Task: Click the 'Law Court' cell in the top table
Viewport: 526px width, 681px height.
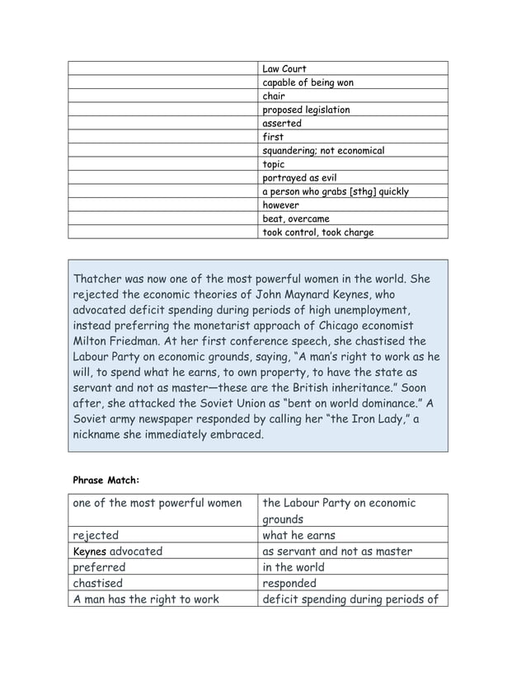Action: pyautogui.click(x=284, y=68)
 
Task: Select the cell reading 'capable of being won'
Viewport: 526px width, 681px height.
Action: pyautogui.click(x=308, y=82)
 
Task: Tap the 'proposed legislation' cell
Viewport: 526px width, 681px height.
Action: pyautogui.click(x=306, y=110)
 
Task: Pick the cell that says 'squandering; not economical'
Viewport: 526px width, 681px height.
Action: pyautogui.click(x=323, y=151)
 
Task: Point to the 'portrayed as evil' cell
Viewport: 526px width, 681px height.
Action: pyautogui.click(x=299, y=178)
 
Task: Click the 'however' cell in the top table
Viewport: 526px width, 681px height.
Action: pyautogui.click(x=281, y=205)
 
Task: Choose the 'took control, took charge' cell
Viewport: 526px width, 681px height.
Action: pyautogui.click(x=317, y=232)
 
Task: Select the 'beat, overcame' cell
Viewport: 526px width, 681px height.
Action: pyautogui.click(x=296, y=218)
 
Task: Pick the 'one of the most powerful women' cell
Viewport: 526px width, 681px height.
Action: pyautogui.click(x=157, y=504)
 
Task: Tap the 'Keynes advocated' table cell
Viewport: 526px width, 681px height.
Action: pyautogui.click(x=118, y=552)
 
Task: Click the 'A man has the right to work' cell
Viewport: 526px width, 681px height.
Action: pyautogui.click(x=147, y=599)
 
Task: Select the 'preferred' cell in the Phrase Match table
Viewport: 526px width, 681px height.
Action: pyautogui.click(x=100, y=567)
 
